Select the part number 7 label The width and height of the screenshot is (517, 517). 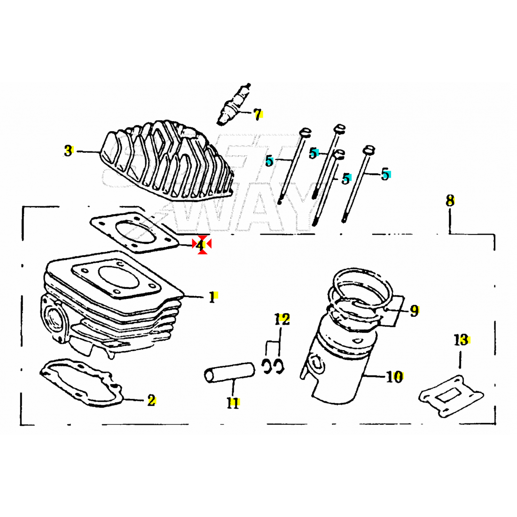(x=257, y=114)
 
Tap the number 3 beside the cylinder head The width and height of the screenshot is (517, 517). (x=69, y=151)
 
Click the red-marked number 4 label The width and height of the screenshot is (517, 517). (x=201, y=245)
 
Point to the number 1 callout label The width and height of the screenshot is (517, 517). (x=212, y=297)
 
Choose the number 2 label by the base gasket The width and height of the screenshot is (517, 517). (x=151, y=400)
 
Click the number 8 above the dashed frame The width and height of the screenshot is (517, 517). (x=450, y=201)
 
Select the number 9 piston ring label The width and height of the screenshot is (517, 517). (x=414, y=310)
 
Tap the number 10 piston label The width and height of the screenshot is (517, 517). (x=395, y=376)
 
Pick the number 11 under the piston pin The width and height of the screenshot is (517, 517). (x=233, y=403)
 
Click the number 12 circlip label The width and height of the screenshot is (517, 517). (x=282, y=320)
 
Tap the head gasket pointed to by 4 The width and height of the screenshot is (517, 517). (x=134, y=233)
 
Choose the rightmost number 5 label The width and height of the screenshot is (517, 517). (x=385, y=175)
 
